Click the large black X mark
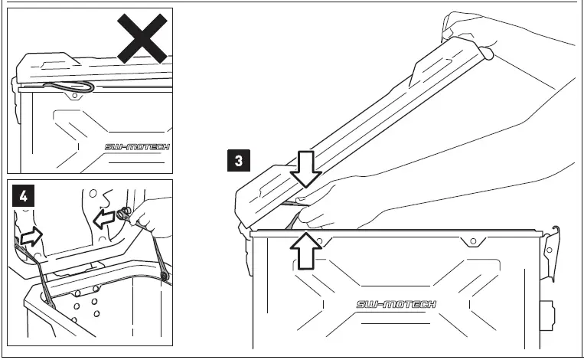(144, 37)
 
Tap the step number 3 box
(239, 161)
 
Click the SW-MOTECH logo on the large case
(396, 305)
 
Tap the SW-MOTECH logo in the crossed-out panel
(137, 146)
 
